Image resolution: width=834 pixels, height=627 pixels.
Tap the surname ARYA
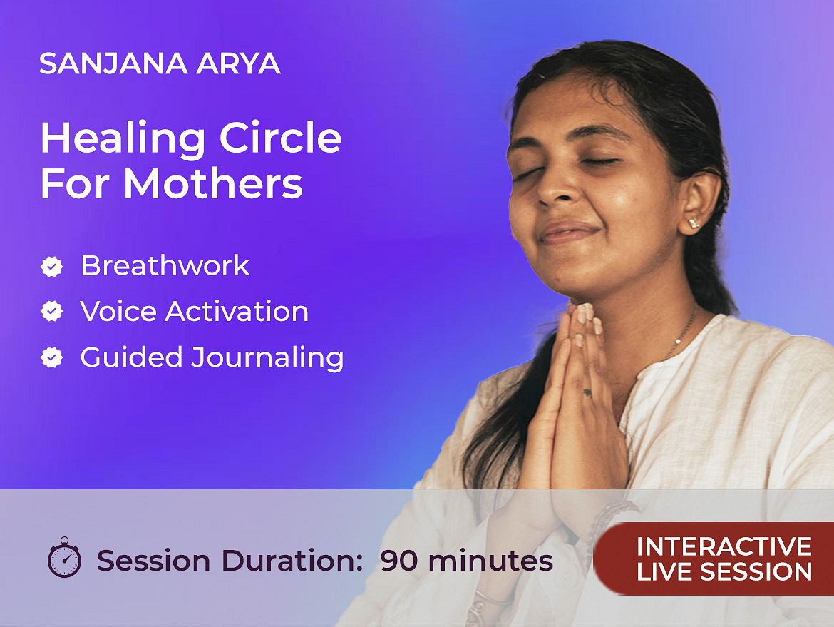click(x=238, y=64)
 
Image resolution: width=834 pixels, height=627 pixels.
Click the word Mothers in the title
click(x=213, y=184)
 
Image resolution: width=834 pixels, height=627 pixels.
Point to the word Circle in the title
click(x=280, y=138)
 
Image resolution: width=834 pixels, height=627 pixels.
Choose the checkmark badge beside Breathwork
click(x=51, y=267)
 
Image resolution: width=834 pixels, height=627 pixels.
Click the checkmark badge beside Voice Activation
click(x=51, y=312)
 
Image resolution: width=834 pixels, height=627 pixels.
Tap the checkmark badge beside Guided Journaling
click(x=51, y=357)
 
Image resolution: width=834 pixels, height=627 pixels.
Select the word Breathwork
click(x=165, y=265)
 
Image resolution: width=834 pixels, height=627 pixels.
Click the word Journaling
click(x=267, y=357)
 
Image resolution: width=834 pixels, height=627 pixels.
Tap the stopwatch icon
click(x=64, y=557)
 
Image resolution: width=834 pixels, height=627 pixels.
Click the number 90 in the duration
click(x=399, y=561)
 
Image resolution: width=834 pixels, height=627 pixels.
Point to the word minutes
click(x=490, y=561)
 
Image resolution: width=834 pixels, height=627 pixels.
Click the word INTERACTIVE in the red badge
click(x=724, y=546)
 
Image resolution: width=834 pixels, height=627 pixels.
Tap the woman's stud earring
click(x=694, y=223)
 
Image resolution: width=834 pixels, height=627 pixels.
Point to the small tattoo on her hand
click(x=587, y=393)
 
